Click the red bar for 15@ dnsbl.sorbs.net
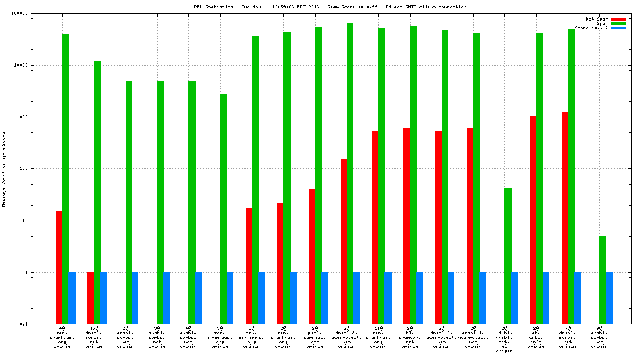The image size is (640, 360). pyautogui.click(x=91, y=298)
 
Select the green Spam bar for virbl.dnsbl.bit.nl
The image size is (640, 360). pyautogui.click(x=508, y=256)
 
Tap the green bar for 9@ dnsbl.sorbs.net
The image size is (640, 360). pyautogui.click(x=603, y=280)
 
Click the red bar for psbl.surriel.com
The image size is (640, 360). pyautogui.click(x=312, y=256)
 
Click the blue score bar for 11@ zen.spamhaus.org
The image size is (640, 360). pyautogui.click(x=388, y=298)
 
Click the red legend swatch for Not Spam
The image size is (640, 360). pyautogui.click(x=618, y=19)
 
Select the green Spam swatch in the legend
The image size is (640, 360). pyautogui.click(x=618, y=23)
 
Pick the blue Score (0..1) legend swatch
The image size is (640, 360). pyautogui.click(x=618, y=28)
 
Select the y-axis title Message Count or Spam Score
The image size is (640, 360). pyautogui.click(x=4, y=169)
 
